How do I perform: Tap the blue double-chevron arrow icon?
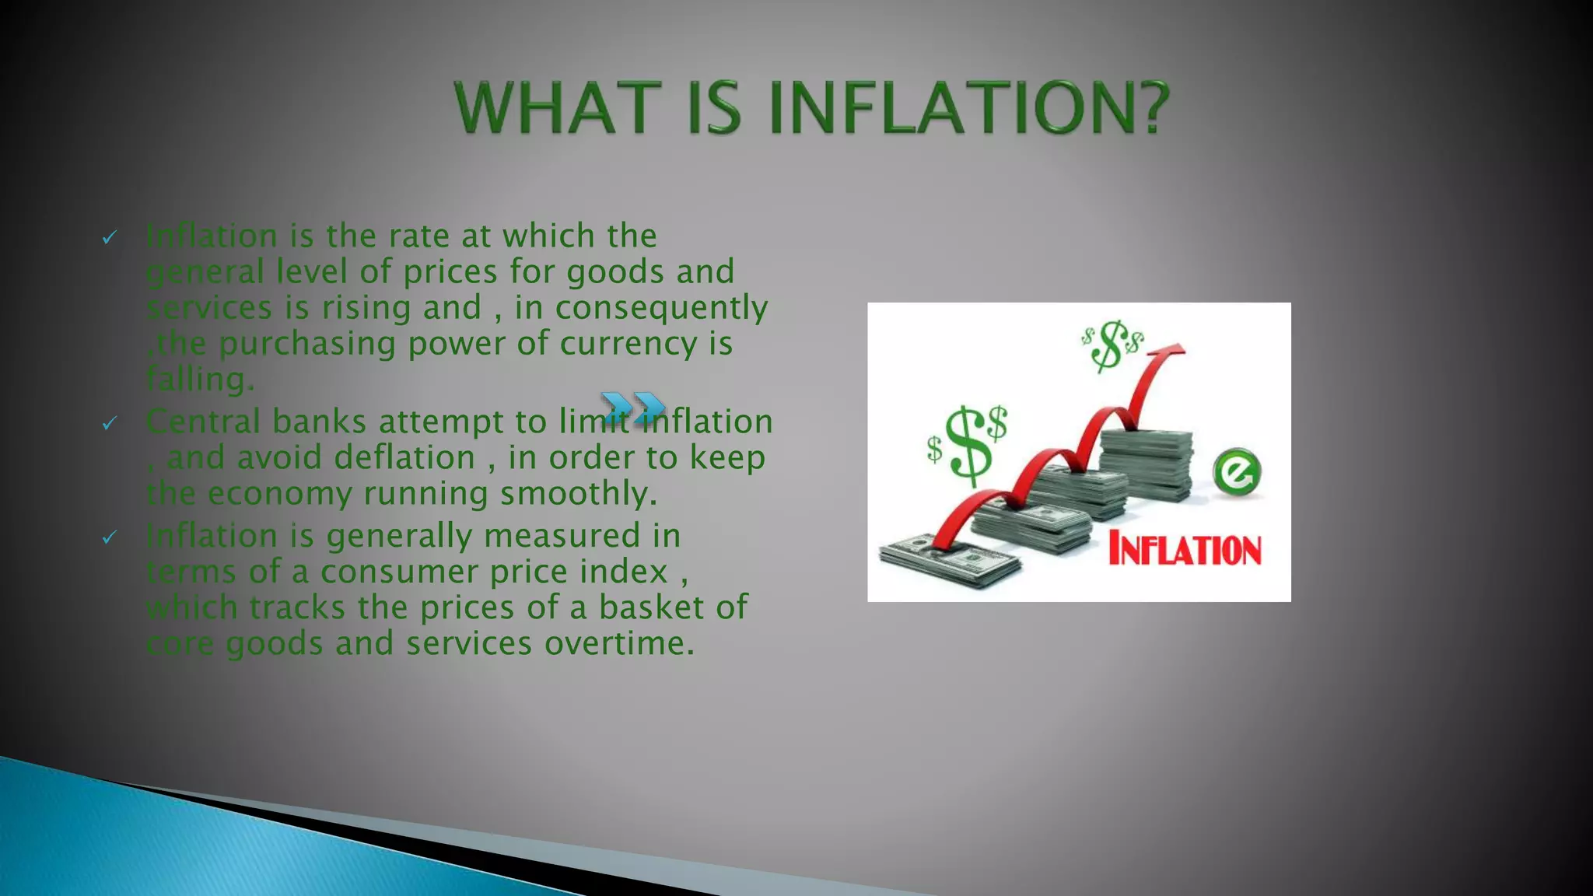pyautogui.click(x=633, y=408)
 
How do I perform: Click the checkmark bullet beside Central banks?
pyautogui.click(x=110, y=423)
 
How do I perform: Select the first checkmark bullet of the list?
pyautogui.click(x=110, y=237)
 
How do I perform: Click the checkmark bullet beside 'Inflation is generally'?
pyautogui.click(x=110, y=537)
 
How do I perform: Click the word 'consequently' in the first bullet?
pyautogui.click(x=661, y=308)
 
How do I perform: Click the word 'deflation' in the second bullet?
pyautogui.click(x=404, y=457)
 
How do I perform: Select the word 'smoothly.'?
pyautogui.click(x=579, y=493)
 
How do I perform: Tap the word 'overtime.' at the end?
pyautogui.click(x=619, y=643)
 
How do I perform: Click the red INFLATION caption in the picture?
pyautogui.click(x=1184, y=550)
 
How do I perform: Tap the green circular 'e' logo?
pyautogui.click(x=1236, y=471)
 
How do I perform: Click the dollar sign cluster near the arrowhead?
pyautogui.click(x=1112, y=345)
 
